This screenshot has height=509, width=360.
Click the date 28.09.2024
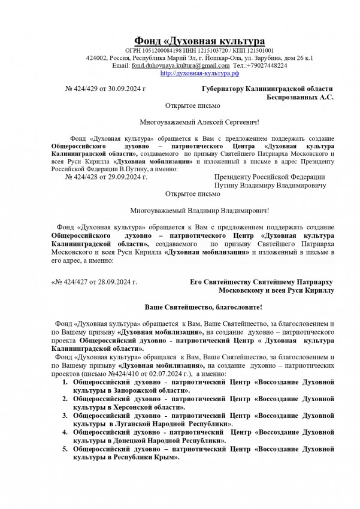[117, 281]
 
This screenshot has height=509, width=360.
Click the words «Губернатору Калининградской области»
[267, 89]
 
